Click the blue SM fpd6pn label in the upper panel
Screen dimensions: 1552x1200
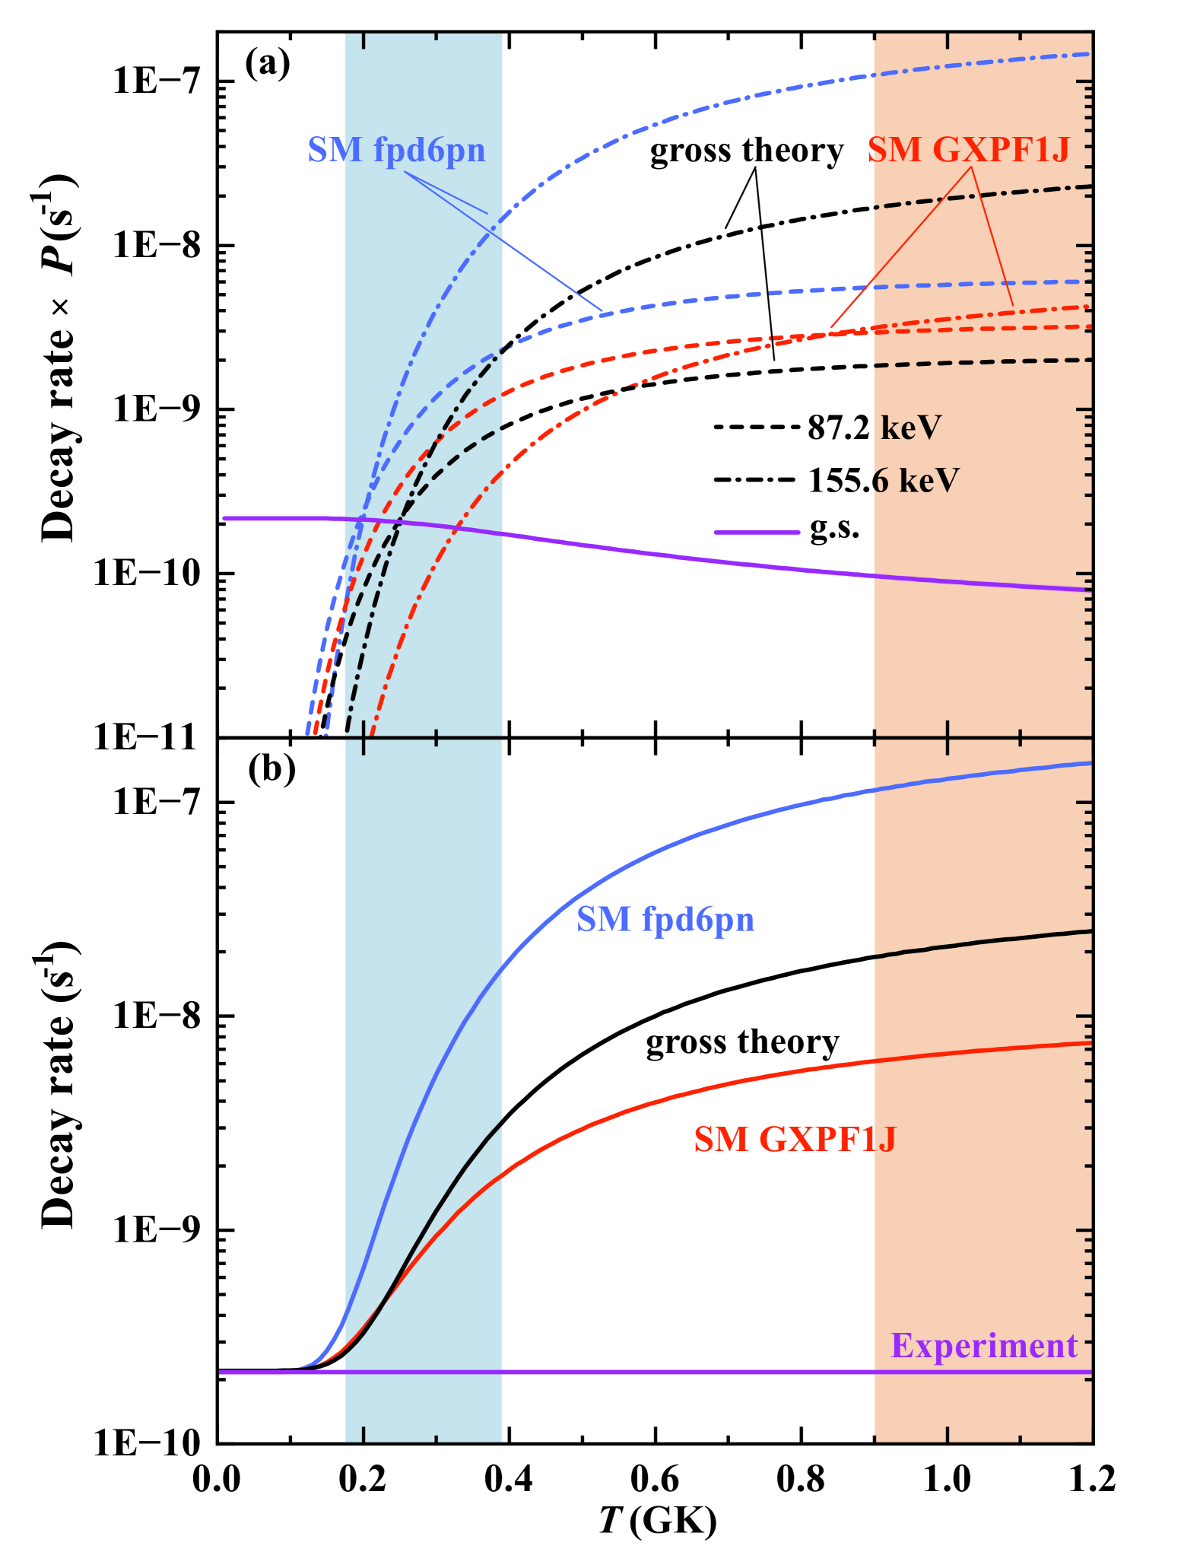(x=396, y=151)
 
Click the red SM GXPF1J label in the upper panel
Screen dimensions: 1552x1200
(x=968, y=151)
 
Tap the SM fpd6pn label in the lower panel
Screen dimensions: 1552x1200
(x=665, y=920)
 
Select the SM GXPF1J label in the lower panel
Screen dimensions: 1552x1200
(x=795, y=1140)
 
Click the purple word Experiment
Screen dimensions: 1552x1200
(x=983, y=1346)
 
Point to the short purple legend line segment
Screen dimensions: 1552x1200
(x=757, y=533)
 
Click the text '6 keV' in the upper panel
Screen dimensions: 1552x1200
(x=916, y=481)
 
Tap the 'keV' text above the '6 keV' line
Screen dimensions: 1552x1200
(x=911, y=428)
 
